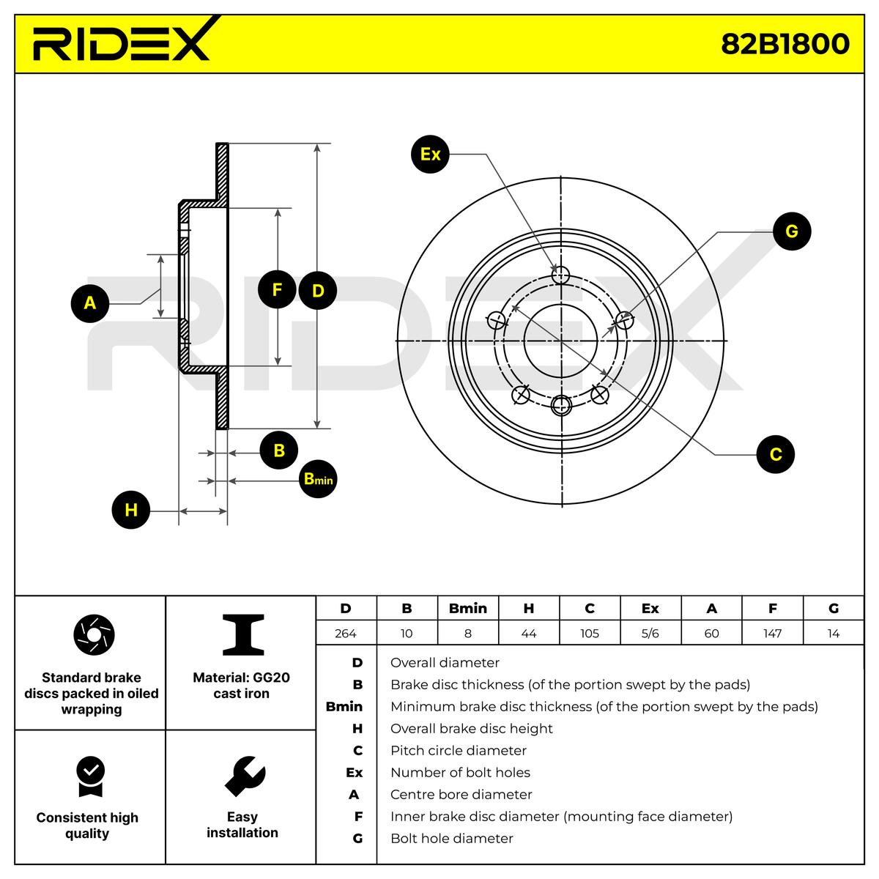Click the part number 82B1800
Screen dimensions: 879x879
pyautogui.click(x=785, y=44)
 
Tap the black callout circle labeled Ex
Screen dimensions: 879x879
pyautogui.click(x=430, y=155)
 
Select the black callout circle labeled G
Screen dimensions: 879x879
pyautogui.click(x=791, y=231)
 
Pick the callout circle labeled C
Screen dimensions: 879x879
pyautogui.click(x=775, y=454)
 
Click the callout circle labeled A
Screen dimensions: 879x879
pyautogui.click(x=90, y=303)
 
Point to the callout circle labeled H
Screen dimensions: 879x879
pyautogui.click(x=130, y=510)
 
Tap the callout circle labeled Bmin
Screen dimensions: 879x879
pyautogui.click(x=318, y=480)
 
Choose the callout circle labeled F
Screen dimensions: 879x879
pyautogui.click(x=277, y=290)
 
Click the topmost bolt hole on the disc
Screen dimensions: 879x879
pyautogui.click(x=560, y=275)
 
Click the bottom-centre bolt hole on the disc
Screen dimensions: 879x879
pyautogui.click(x=561, y=404)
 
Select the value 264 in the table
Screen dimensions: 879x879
pyautogui.click(x=345, y=634)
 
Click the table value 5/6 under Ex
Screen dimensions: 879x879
pyautogui.click(x=650, y=634)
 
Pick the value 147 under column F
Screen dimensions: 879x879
pyautogui.click(x=772, y=634)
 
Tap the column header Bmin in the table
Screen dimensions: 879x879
pyautogui.click(x=467, y=609)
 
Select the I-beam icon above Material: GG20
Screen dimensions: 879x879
pyautogui.click(x=243, y=635)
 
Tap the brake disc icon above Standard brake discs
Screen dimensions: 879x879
pyautogui.click(x=94, y=634)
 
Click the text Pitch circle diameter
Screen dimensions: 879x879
pyautogui.click(x=458, y=751)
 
